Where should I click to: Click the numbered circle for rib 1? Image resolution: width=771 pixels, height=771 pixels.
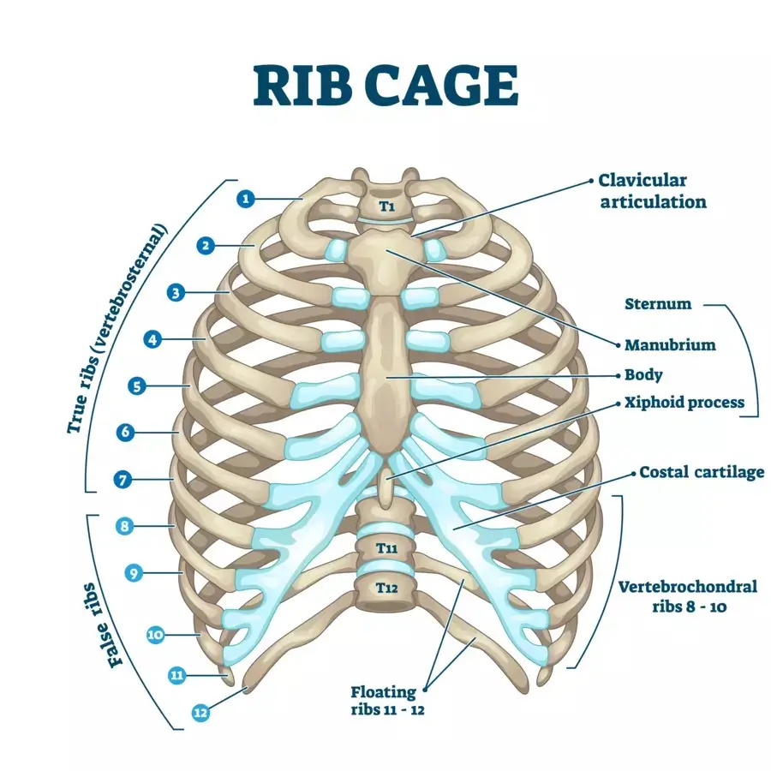tap(246, 199)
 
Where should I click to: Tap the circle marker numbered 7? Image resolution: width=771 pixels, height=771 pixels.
tap(123, 480)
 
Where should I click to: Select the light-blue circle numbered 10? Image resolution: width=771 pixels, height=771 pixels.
tap(155, 635)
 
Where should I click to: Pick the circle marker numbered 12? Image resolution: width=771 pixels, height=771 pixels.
tap(200, 713)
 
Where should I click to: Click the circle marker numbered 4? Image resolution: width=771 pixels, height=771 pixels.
tap(152, 339)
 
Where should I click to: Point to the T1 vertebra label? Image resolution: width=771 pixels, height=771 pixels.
tap(387, 206)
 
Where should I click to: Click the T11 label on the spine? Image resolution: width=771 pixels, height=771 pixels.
tap(387, 547)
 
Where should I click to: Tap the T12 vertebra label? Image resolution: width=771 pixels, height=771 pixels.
tap(387, 588)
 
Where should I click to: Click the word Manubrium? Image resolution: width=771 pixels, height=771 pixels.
tap(670, 344)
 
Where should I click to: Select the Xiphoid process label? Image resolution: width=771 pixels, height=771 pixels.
tap(684, 403)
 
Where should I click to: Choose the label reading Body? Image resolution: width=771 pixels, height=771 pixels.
tap(643, 374)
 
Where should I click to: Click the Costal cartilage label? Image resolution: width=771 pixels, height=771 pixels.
tap(702, 473)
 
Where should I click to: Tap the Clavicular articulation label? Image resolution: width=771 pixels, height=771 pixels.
tap(653, 191)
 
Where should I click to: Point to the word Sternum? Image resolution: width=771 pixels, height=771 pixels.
tap(658, 304)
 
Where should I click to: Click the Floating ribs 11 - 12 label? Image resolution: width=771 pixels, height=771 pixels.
tap(387, 701)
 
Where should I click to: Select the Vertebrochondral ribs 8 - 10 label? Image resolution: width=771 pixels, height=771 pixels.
tap(688, 596)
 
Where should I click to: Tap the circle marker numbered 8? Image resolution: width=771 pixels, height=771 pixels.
tap(124, 526)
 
